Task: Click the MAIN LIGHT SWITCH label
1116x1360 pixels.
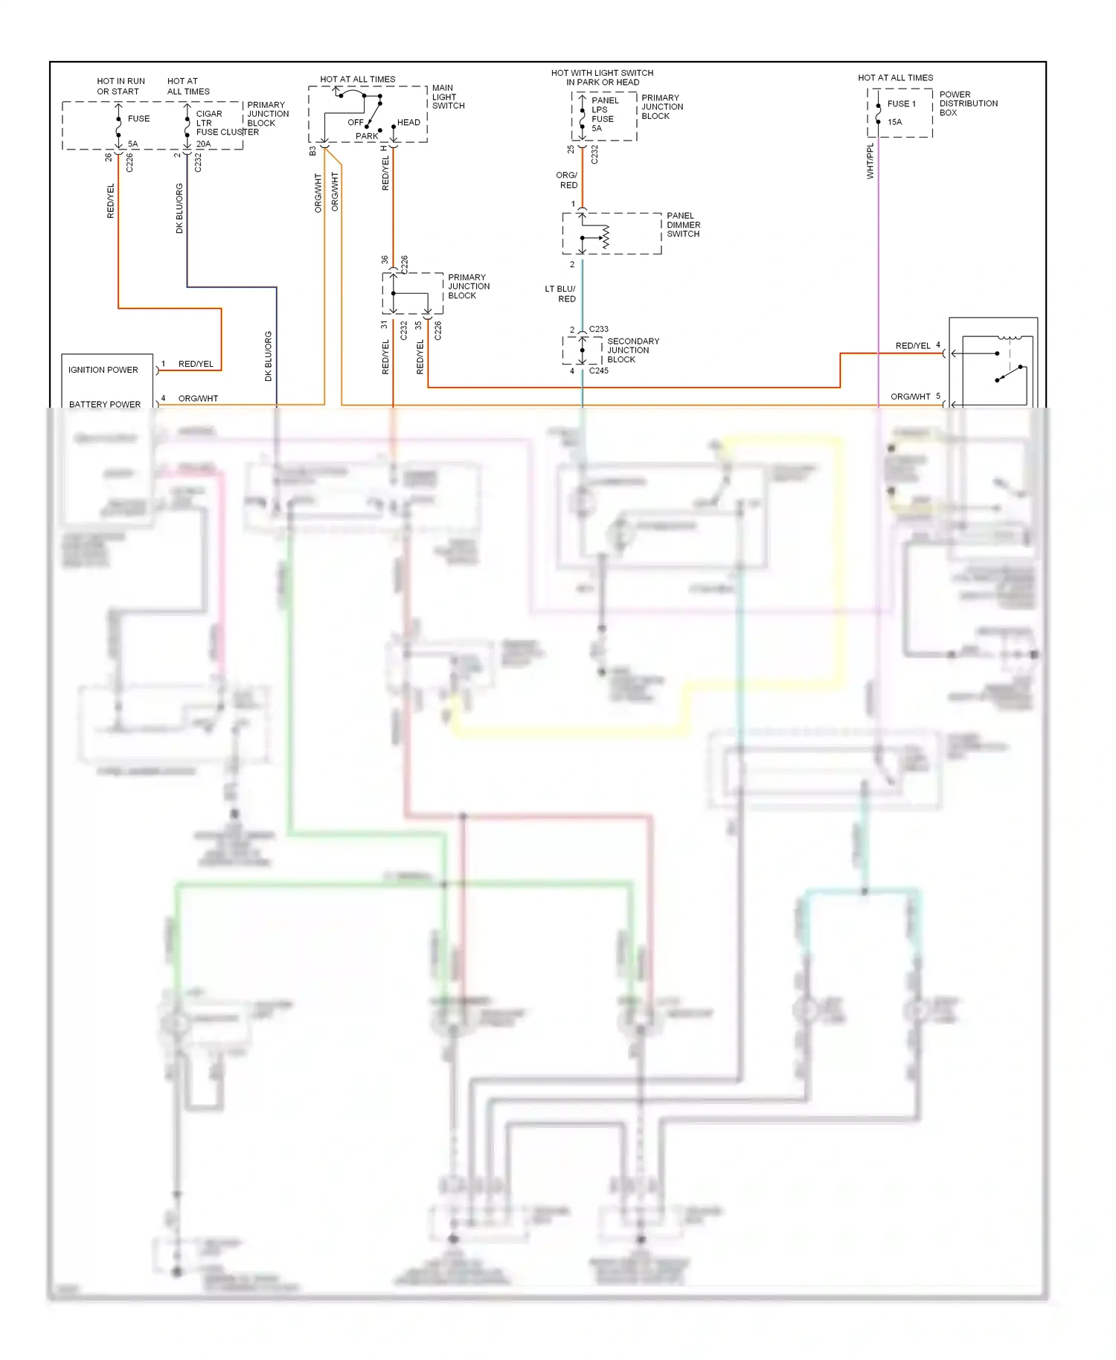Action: click(448, 97)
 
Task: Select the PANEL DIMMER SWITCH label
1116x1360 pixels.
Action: click(683, 225)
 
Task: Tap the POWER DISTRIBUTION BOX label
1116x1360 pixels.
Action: click(968, 103)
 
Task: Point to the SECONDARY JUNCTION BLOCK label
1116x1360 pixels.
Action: click(632, 350)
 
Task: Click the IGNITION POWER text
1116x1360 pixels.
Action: click(103, 370)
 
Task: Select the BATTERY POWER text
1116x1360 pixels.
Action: click(105, 404)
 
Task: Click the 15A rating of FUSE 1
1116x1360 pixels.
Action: click(894, 122)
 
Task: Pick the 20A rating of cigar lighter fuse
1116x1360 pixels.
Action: click(203, 144)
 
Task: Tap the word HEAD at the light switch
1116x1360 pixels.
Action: click(408, 123)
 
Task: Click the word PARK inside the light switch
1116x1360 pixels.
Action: click(367, 136)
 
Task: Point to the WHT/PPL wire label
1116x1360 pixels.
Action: click(870, 161)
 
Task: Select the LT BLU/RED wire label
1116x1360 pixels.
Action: click(560, 294)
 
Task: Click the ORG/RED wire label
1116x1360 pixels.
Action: click(568, 180)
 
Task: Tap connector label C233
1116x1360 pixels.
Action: click(599, 329)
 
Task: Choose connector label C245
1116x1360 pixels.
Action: click(599, 371)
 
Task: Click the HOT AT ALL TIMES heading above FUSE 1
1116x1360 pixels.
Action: click(895, 77)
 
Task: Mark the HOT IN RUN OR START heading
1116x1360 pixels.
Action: click(121, 86)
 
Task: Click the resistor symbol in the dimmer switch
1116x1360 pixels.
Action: click(606, 237)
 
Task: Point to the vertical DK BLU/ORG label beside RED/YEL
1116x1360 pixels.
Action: click(179, 208)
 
